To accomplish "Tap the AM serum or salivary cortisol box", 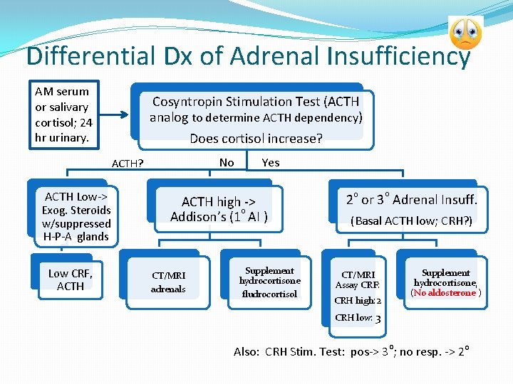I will point(63,114).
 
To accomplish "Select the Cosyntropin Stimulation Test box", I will point(255,110).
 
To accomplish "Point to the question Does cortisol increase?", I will point(255,139).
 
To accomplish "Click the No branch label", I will point(227,163).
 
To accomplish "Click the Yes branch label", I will point(271,163).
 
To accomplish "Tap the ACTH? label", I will point(128,164).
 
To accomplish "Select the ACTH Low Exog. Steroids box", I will point(76,216).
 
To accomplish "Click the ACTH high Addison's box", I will point(219,209).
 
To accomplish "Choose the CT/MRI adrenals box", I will point(168,282).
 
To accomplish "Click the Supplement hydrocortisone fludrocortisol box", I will point(269,282).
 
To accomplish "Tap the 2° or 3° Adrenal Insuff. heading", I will point(411,200).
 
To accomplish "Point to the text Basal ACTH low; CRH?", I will point(411,221).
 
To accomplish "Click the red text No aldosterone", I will point(445,293).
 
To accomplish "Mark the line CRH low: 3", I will point(358,318).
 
